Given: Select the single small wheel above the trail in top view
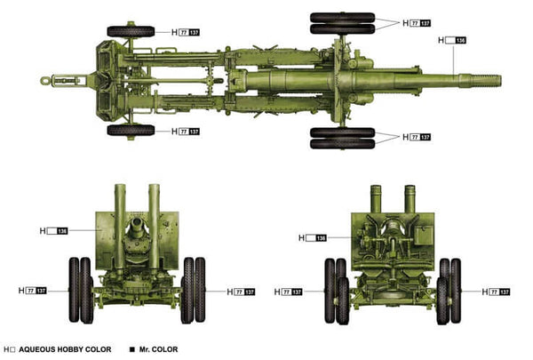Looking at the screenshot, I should coord(131,32).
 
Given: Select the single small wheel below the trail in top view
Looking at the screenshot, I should coord(131,130).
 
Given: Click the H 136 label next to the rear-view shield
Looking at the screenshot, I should coord(314,237).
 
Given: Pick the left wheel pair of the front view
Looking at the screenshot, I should coord(81,289).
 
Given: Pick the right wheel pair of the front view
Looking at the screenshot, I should coord(194,289).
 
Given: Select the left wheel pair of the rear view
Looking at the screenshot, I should coord(336,290).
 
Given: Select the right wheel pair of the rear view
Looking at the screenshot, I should coord(449,290).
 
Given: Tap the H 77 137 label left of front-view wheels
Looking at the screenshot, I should coord(44,291).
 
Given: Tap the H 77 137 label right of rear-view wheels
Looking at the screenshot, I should coord(497,291).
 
